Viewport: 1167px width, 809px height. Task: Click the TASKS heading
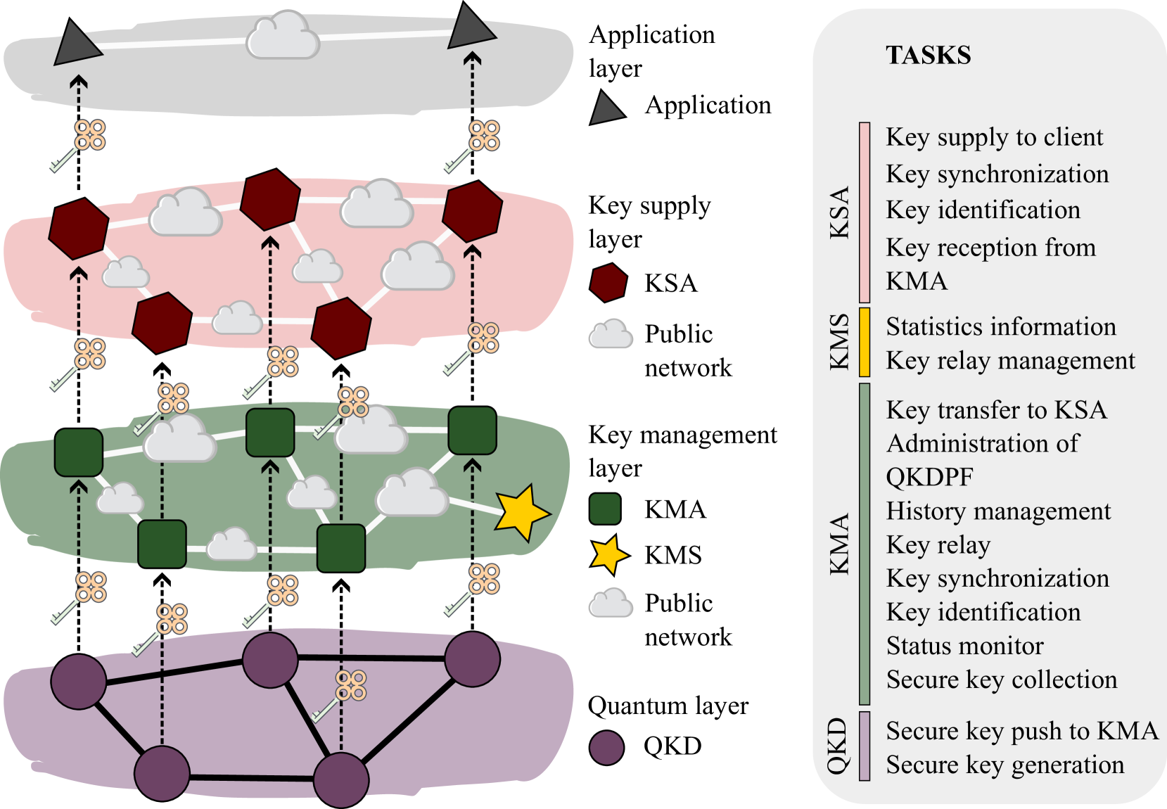pyautogui.click(x=928, y=56)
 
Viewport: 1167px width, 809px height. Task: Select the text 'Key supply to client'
pyautogui.click(x=994, y=137)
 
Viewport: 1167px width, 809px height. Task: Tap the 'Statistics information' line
pyautogui.click(x=1000, y=327)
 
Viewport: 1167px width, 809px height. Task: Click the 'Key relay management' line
pyautogui.click(x=1010, y=361)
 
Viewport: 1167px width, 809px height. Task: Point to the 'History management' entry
pyautogui.click(x=998, y=511)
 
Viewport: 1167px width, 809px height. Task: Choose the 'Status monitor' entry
pyautogui.click(x=964, y=646)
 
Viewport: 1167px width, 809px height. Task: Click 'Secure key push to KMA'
pyautogui.click(x=1021, y=731)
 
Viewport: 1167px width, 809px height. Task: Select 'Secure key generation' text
pyautogui.click(x=1005, y=765)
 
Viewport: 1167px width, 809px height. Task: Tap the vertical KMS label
pyautogui.click(x=839, y=342)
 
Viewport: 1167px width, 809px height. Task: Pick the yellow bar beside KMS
pyautogui.click(x=865, y=342)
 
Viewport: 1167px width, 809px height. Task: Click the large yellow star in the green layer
pyautogui.click(x=521, y=512)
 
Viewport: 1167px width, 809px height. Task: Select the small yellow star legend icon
pyautogui.click(x=608, y=554)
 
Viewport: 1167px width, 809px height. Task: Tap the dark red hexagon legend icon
pyautogui.click(x=608, y=283)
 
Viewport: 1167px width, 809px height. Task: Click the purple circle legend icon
pyautogui.click(x=606, y=748)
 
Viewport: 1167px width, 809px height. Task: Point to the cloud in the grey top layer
pyautogui.click(x=283, y=37)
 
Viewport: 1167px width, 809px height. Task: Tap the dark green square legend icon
pyautogui.click(x=605, y=509)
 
